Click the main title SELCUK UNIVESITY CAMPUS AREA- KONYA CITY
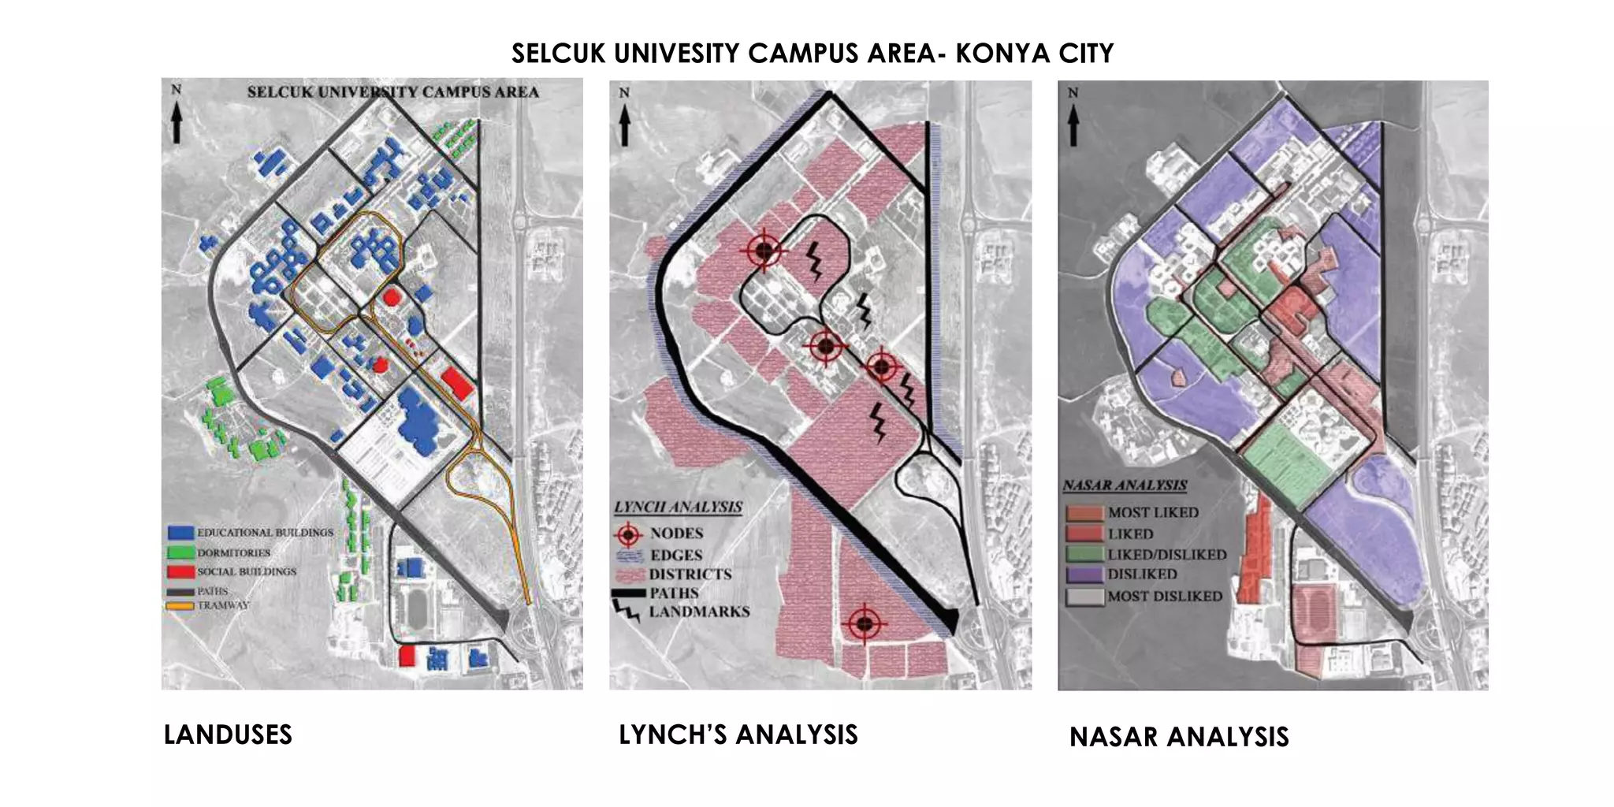[812, 54]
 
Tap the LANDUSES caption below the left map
[228, 734]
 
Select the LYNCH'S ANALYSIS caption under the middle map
[738, 734]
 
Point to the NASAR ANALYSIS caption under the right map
[1178, 737]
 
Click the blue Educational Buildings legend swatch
[180, 534]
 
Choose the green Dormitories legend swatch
[180, 553]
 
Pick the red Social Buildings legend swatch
[180, 571]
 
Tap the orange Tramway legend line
[180, 606]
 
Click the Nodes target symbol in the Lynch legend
[628, 534]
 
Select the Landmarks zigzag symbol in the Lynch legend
[627, 611]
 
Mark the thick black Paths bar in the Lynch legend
[628, 593]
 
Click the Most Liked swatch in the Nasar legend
[1084, 513]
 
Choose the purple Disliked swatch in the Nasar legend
[1084, 575]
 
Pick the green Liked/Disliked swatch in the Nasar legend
[1084, 555]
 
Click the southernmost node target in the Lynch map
[865, 624]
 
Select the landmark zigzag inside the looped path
[814, 261]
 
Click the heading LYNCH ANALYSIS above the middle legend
[679, 507]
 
